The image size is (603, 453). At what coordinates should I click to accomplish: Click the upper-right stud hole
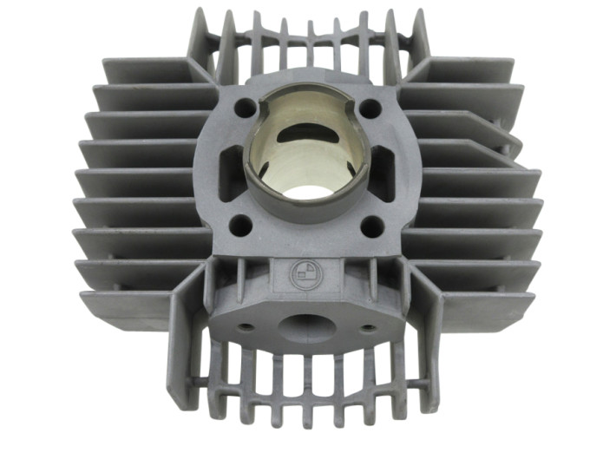370,108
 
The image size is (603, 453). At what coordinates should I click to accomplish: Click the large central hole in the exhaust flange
305,327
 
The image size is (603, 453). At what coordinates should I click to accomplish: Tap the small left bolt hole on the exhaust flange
247,328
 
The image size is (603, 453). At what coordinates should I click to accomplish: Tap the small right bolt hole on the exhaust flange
367,329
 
